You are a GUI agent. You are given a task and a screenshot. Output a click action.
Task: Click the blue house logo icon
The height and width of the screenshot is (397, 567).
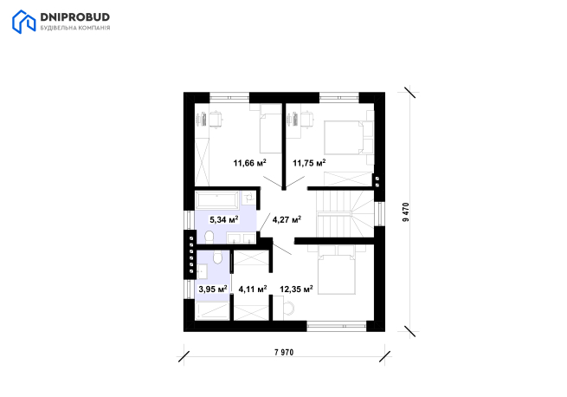24,22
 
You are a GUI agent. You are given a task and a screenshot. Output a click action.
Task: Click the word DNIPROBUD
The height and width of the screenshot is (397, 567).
74,17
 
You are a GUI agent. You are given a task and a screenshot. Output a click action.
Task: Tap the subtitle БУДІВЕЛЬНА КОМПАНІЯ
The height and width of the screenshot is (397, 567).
74,28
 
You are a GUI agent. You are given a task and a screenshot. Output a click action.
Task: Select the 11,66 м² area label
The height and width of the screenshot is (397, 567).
250,163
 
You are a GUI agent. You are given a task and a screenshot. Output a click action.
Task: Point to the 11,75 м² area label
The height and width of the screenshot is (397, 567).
309,163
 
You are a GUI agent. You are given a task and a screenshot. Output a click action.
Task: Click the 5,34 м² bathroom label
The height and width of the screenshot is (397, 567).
224,219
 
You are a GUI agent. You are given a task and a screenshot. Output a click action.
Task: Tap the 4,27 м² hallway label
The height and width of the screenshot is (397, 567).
287,219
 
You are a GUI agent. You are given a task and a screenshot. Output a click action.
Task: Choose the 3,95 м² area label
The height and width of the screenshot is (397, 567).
213,289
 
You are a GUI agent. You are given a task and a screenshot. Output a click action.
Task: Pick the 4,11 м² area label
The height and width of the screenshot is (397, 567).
253,289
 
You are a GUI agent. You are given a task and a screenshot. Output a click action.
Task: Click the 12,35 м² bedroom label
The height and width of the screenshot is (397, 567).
296,289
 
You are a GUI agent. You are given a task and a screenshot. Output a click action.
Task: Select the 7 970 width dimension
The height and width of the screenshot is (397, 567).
284,352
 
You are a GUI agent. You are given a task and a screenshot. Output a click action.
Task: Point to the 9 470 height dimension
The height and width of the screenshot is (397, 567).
406,212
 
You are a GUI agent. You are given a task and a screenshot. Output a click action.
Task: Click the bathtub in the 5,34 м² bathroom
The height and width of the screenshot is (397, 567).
216,200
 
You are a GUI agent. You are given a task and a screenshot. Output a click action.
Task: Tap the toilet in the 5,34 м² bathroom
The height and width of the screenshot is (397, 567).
209,237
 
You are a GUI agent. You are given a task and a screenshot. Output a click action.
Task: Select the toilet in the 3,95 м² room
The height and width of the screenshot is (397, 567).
217,257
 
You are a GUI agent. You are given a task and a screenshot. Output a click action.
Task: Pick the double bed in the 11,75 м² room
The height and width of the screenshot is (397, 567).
347,138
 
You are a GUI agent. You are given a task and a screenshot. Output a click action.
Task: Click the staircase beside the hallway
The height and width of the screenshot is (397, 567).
345,214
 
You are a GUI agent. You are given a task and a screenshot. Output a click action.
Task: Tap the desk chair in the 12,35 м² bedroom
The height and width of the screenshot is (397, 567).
289,308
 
